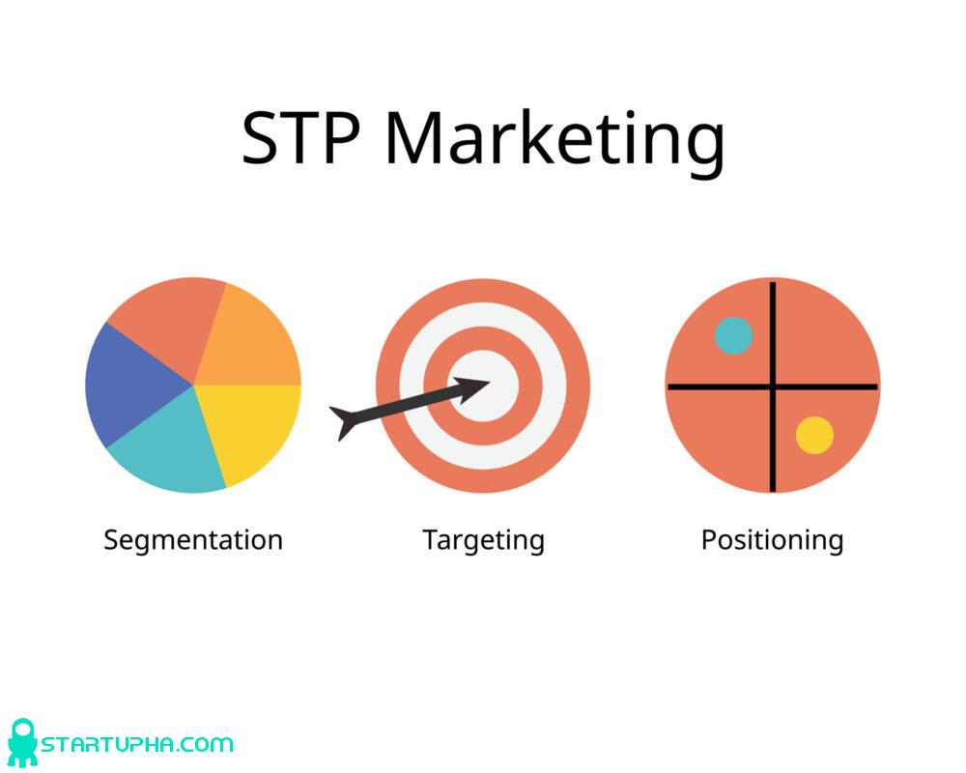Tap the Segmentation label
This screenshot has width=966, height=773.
(x=193, y=539)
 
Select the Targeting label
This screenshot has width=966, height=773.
(x=483, y=540)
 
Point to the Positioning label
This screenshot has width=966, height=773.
(x=772, y=539)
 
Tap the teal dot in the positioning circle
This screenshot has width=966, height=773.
(x=733, y=335)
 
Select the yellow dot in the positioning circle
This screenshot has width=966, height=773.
(x=814, y=435)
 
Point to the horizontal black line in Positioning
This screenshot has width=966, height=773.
(x=715, y=386)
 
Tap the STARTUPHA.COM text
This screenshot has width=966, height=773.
(x=136, y=744)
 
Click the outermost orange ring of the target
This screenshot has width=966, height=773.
(x=386, y=386)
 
